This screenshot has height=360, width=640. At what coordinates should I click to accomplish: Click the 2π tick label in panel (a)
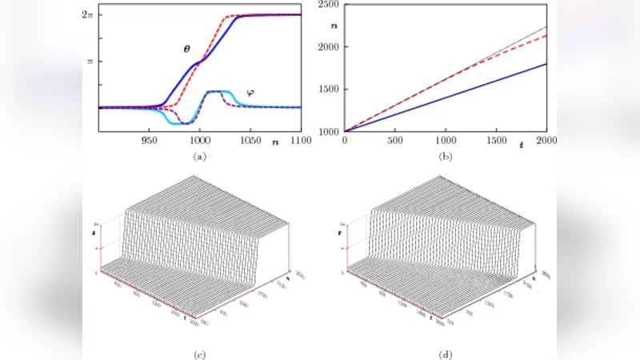87,15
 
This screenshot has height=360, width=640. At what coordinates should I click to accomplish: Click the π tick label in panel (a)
90,61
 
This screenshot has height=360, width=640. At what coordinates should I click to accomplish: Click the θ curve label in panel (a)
186,48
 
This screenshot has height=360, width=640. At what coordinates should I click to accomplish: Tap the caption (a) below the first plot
200,157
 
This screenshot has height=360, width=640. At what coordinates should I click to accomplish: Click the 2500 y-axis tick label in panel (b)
329,6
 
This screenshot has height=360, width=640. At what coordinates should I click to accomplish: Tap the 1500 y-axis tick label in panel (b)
329,89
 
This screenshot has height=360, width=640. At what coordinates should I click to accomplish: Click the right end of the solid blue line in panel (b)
546,64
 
